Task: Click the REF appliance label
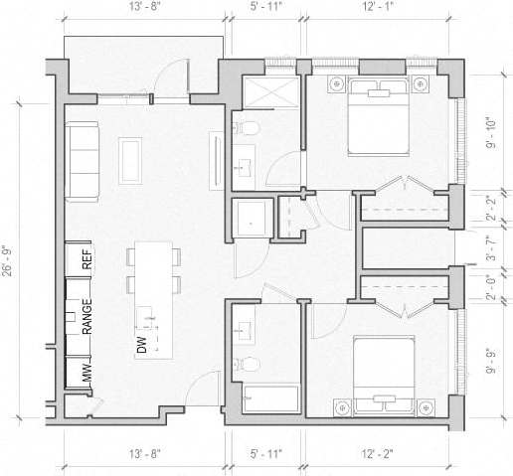(87, 258)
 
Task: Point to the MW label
(87, 374)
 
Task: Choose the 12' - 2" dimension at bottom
(376, 454)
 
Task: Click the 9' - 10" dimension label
(490, 132)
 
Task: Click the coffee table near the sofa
(131, 160)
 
